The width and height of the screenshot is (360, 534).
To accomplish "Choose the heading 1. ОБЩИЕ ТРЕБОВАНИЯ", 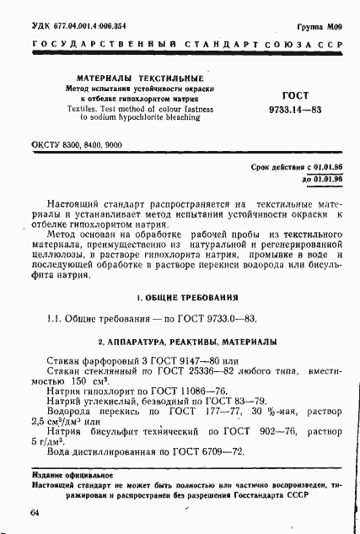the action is coord(186,298).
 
